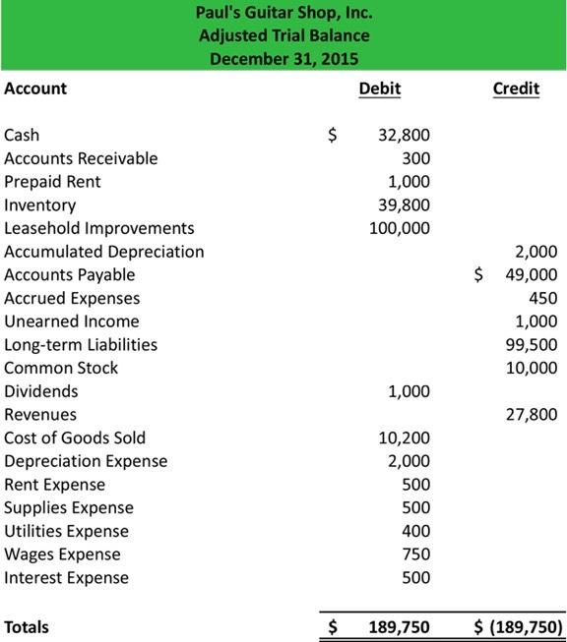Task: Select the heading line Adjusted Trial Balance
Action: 284,35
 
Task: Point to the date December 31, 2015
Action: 284,58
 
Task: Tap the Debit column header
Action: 380,88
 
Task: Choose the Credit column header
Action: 516,88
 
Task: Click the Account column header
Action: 35,88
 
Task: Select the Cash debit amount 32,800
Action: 405,135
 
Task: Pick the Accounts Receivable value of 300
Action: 417,158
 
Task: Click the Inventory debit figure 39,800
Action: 405,204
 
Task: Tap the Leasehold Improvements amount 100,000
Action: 400,228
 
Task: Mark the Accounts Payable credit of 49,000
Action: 532,275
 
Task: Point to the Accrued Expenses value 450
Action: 543,298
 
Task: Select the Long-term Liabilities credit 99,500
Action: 532,345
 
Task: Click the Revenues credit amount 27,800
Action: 532,415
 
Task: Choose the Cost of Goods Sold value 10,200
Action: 405,438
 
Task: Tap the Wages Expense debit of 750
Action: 417,554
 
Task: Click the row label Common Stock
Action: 61,368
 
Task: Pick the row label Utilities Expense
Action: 66,531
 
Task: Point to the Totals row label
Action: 27,626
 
